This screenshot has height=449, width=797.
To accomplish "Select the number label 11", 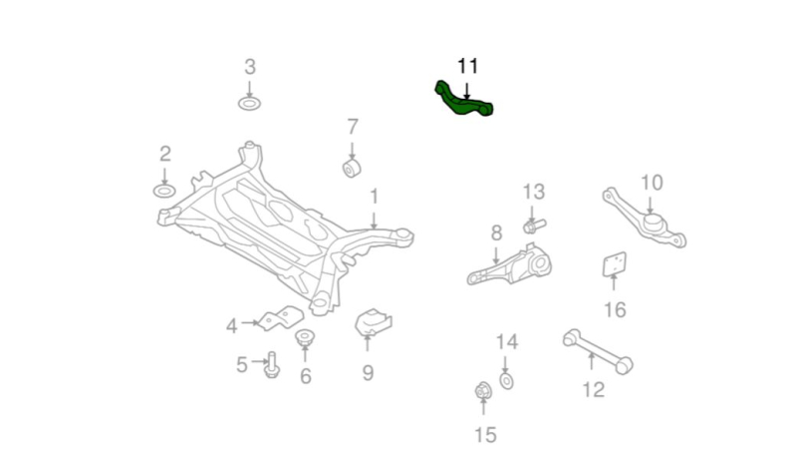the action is tap(467, 66).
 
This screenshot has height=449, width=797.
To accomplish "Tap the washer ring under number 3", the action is tap(250, 104).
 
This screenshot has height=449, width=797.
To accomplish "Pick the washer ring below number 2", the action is tap(164, 191).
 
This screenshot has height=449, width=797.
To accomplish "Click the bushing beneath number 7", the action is tap(352, 168).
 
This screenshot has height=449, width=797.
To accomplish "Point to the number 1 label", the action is tap(375, 197).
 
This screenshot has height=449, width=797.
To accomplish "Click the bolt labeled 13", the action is tap(533, 225).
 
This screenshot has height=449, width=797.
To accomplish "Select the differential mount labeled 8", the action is tap(510, 265).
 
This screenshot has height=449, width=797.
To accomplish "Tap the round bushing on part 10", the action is tap(655, 223).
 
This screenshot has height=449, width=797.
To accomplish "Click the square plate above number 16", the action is tap(615, 264).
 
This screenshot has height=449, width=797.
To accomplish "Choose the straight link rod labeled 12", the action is tap(598, 351).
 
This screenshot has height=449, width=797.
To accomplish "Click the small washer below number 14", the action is tap(506, 381).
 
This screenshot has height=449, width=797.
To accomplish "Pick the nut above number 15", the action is tap(483, 391).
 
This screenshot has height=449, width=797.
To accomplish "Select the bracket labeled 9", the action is tap(374, 322).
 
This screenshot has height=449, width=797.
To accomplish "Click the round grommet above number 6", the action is tap(305, 336).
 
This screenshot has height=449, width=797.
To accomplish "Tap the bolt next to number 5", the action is tap(272, 365).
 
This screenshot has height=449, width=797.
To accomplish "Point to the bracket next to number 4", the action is tap(281, 318).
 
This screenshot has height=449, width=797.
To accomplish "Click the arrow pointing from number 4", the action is tap(250, 322).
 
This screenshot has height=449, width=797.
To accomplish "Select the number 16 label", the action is tap(615, 310).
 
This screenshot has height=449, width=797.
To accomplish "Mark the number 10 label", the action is tap(652, 183).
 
